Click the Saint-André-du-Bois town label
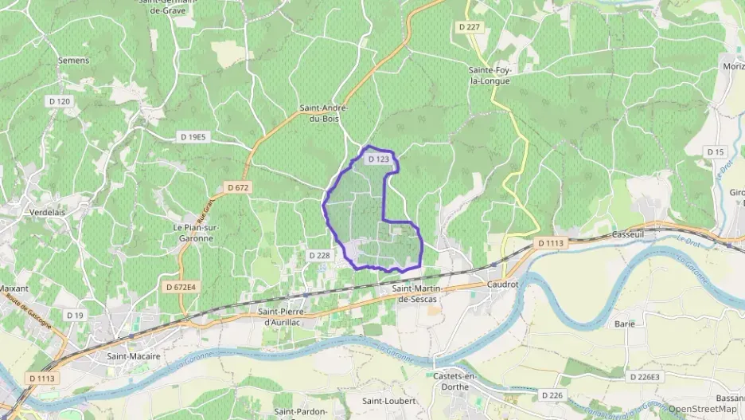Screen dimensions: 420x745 [x=323, y=112]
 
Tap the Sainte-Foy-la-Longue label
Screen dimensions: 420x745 [x=489, y=75]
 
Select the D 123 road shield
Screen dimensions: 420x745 [x=379, y=159]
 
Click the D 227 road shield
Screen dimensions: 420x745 [x=470, y=27]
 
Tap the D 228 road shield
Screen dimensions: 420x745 [x=318, y=255]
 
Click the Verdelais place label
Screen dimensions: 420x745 [x=47, y=213]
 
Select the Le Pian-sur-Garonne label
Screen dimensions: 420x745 [x=195, y=231]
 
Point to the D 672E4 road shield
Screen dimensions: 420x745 [x=181, y=286]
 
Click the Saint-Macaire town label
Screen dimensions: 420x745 [x=134, y=356]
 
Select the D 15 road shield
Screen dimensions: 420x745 [x=716, y=151]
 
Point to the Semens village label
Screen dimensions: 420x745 [x=74, y=60]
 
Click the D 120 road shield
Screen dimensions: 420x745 [x=59, y=101]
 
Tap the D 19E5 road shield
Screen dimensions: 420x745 [x=193, y=137]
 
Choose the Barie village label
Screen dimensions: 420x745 [x=624, y=324]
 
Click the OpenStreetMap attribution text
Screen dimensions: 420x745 [x=703, y=409]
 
